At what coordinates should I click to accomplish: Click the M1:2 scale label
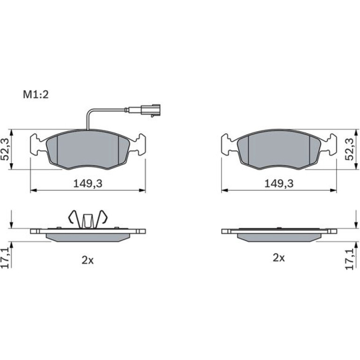(36, 94)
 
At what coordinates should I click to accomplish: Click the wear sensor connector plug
(151, 110)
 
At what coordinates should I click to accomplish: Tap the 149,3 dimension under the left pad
(88, 184)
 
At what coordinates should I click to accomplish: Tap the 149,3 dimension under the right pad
(279, 184)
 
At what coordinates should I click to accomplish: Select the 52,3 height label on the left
(5, 149)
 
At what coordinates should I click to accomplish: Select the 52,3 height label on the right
(350, 149)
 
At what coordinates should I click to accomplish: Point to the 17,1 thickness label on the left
(5, 258)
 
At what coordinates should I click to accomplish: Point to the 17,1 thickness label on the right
(350, 259)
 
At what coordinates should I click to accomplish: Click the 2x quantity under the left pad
(87, 260)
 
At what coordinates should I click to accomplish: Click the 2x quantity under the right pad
(279, 258)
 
